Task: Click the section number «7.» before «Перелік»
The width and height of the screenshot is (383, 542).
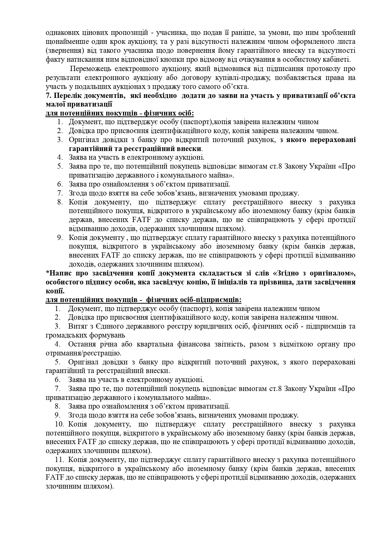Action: (48, 95)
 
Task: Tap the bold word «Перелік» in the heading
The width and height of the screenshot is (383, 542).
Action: (66, 95)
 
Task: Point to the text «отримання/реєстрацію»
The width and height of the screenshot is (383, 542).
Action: (83, 353)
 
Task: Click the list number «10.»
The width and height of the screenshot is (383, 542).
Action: (61, 424)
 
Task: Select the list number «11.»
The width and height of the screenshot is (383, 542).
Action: (61, 460)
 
